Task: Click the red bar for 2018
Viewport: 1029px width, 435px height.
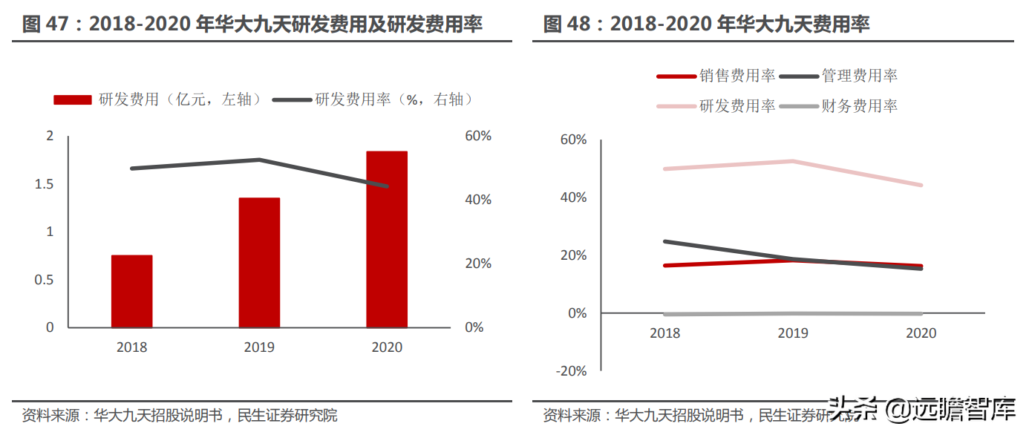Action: point(132,291)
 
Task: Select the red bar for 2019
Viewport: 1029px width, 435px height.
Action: point(259,263)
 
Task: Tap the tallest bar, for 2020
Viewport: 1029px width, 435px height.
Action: point(387,239)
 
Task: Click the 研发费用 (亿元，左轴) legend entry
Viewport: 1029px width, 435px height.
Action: point(157,99)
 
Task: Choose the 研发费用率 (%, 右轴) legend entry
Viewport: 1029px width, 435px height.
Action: point(373,99)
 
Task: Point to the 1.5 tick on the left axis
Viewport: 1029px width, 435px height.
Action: point(45,184)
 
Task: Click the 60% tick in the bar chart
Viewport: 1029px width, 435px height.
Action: point(477,136)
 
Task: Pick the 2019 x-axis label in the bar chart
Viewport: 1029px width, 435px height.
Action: point(259,347)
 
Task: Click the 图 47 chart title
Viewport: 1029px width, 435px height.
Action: point(252,24)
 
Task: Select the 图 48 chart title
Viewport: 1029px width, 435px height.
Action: point(706,24)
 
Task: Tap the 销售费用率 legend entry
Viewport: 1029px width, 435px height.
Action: point(716,76)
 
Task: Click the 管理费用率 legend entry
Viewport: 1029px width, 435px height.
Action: point(839,76)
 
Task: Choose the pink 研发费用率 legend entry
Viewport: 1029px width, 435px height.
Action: point(716,106)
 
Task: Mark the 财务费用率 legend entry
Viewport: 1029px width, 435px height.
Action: point(839,106)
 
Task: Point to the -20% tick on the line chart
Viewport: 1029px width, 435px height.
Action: point(570,371)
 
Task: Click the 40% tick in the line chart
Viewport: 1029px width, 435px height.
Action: point(572,197)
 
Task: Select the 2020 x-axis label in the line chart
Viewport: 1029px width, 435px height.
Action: point(921,333)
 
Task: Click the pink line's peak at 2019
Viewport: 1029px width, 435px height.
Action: point(793,161)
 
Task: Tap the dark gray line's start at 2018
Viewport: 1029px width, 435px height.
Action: point(665,241)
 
